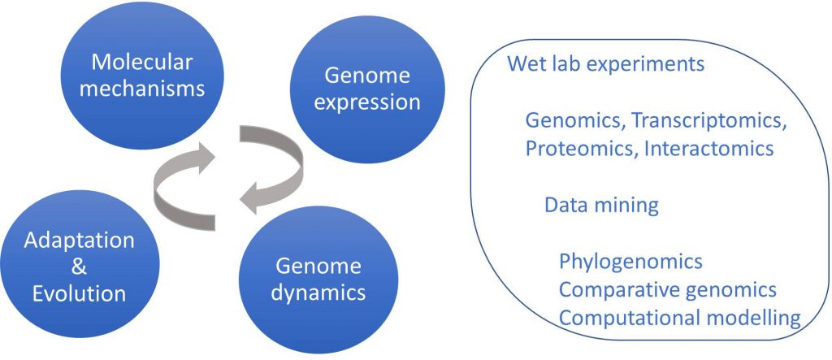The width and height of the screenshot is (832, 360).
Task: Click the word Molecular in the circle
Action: click(141, 63)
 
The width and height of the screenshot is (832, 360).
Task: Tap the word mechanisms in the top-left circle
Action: click(141, 89)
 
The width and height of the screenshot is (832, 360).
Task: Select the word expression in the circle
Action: click(366, 102)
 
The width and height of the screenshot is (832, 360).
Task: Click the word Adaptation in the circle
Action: click(80, 241)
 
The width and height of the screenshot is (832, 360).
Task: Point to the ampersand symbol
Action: click(79, 267)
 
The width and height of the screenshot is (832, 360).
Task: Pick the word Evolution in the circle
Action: click(79, 293)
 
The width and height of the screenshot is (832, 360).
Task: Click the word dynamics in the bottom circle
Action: click(318, 293)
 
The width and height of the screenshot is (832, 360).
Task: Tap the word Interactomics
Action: click(708, 149)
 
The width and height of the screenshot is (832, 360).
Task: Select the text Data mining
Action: click(602, 205)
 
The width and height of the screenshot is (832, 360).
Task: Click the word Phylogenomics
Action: click(630, 262)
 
